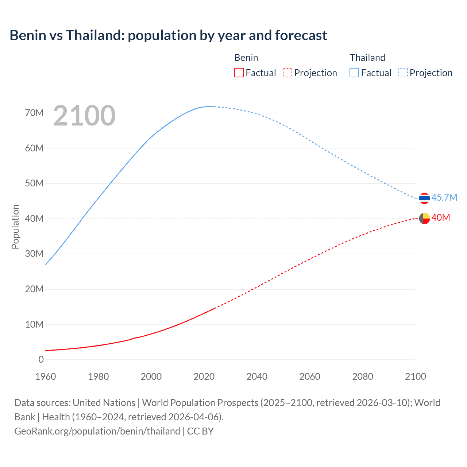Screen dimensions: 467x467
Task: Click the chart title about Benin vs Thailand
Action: pos(168,35)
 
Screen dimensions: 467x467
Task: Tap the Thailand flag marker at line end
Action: pos(424,198)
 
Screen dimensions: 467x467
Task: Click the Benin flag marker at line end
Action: pos(424,218)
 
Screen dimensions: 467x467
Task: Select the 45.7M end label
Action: pos(444,197)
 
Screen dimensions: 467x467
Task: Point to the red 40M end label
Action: pos(441,217)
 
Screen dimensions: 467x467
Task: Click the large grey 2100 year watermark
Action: pos(84,116)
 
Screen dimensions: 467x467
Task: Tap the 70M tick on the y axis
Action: pos(34,113)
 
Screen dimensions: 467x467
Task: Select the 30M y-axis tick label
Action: pos(34,254)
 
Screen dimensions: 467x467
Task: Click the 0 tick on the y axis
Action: pos(41,359)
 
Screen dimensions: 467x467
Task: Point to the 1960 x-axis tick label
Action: pos(46,377)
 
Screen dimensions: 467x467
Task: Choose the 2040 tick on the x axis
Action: pos(257,377)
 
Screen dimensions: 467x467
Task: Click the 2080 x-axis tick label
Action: pos(363,377)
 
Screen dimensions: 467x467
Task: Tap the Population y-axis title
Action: pos(15,227)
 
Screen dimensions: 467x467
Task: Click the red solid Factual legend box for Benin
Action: pos(239,73)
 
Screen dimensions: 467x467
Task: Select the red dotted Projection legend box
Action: pos(287,73)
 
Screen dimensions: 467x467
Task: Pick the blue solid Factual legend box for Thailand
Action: pos(354,73)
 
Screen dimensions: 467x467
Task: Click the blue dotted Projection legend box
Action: pos(403,73)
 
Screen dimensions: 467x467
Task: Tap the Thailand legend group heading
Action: pos(367,58)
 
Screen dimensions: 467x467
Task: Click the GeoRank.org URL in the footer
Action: pos(97,431)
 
